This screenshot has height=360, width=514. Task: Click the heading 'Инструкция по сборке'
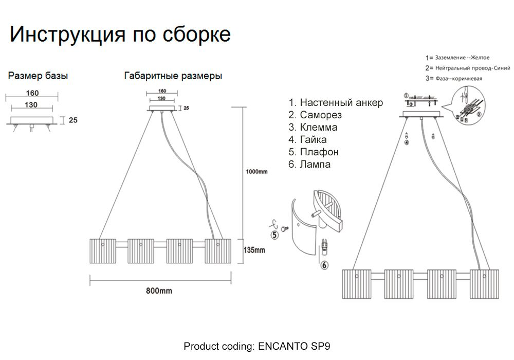click(120, 35)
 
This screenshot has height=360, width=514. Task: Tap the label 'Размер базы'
click(38, 76)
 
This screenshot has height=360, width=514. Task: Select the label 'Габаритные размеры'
click(173, 76)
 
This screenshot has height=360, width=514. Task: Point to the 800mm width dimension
click(159, 291)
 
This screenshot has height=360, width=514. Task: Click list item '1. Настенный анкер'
click(336, 102)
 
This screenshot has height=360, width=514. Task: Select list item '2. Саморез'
click(315, 115)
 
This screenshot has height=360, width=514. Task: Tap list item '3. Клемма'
click(313, 127)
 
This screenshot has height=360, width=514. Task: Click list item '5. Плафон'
click(314, 152)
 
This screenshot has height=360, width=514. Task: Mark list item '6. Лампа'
click(309, 164)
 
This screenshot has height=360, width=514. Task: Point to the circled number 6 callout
click(324, 265)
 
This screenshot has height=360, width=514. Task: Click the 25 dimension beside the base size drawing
click(72, 120)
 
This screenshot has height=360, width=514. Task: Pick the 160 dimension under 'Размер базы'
click(32, 93)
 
